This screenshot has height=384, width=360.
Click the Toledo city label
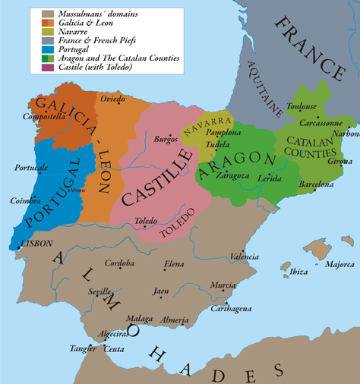tap(146, 221)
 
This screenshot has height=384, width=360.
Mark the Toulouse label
tap(302, 107)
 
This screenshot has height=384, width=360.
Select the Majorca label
tap(339, 265)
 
